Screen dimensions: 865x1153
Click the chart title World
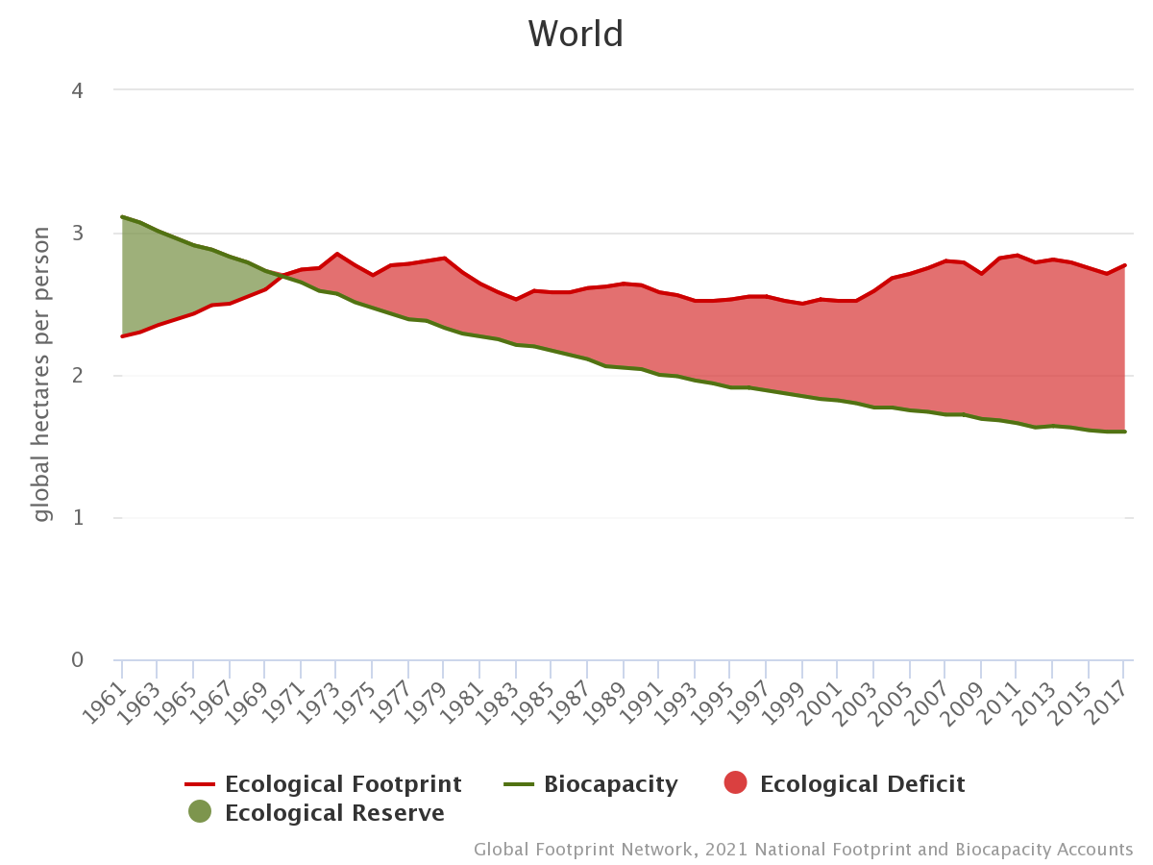pos(576,35)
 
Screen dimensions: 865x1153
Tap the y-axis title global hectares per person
pos(41,375)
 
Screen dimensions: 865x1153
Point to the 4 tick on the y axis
pos(77,90)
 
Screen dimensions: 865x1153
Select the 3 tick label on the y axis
pos(77,234)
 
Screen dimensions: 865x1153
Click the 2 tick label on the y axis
pos(77,376)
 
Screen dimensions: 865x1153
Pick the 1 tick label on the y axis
pos(77,518)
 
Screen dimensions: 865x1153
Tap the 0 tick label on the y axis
pos(77,660)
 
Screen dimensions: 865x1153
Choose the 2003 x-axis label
pos(860,694)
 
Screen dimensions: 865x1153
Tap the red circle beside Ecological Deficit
pos(735,783)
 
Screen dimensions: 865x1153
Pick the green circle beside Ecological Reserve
pos(200,812)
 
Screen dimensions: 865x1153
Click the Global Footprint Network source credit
pos(803,850)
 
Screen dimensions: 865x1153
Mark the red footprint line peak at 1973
pos(336,254)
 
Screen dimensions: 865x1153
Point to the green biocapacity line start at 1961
pos(122,217)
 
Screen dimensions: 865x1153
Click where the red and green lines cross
pos(278,277)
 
